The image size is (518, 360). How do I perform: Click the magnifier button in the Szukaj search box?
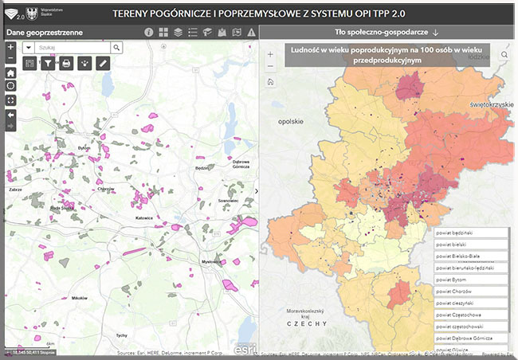pyautogui.click(x=116, y=48)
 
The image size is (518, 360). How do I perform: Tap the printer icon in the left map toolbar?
pyautogui.click(x=66, y=64)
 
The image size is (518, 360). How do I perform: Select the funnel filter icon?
pyautogui.click(x=48, y=64)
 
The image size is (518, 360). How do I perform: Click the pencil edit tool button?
pyautogui.click(x=102, y=64)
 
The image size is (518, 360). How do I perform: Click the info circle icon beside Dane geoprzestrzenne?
pyautogui.click(x=148, y=33)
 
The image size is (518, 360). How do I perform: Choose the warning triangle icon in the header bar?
pyautogui.click(x=251, y=33)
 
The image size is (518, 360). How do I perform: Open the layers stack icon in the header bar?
pyautogui.click(x=179, y=33)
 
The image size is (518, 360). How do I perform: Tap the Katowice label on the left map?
pyautogui.click(x=144, y=217)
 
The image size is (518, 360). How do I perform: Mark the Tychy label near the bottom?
pyautogui.click(x=121, y=335)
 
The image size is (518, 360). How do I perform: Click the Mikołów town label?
pyautogui.click(x=79, y=298)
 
